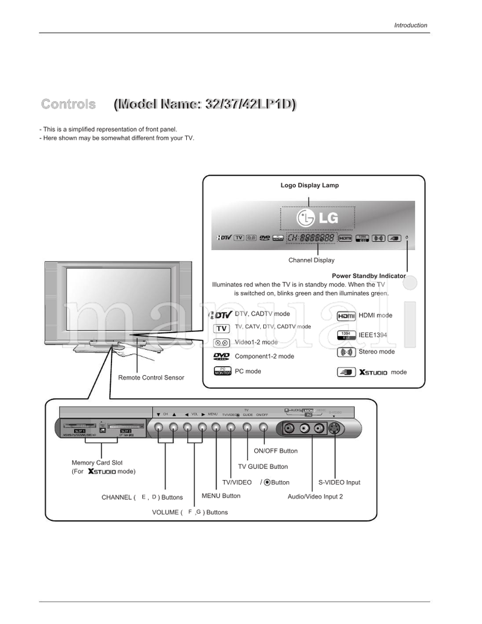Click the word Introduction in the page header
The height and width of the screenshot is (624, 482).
[410, 25]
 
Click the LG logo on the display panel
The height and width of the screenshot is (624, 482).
[318, 218]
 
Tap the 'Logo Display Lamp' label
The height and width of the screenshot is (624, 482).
[310, 186]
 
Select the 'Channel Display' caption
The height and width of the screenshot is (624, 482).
[311, 260]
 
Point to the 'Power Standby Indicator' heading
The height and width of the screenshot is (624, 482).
[369, 276]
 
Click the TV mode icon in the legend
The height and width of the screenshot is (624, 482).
[221, 328]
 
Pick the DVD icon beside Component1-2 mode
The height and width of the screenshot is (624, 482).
[221, 357]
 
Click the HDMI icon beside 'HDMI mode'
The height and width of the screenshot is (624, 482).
[346, 316]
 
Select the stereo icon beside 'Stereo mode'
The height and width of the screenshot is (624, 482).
[346, 352]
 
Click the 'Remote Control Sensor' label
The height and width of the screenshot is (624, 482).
[151, 378]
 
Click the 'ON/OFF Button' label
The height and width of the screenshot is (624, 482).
[275, 451]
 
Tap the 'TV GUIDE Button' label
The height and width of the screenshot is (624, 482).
[263, 467]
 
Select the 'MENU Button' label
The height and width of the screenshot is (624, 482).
[221, 496]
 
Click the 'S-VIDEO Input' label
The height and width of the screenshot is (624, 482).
[339, 482]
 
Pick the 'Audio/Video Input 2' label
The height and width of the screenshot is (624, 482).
[315, 496]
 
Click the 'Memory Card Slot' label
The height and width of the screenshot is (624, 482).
[97, 463]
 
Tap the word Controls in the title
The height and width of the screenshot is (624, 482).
[68, 104]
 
